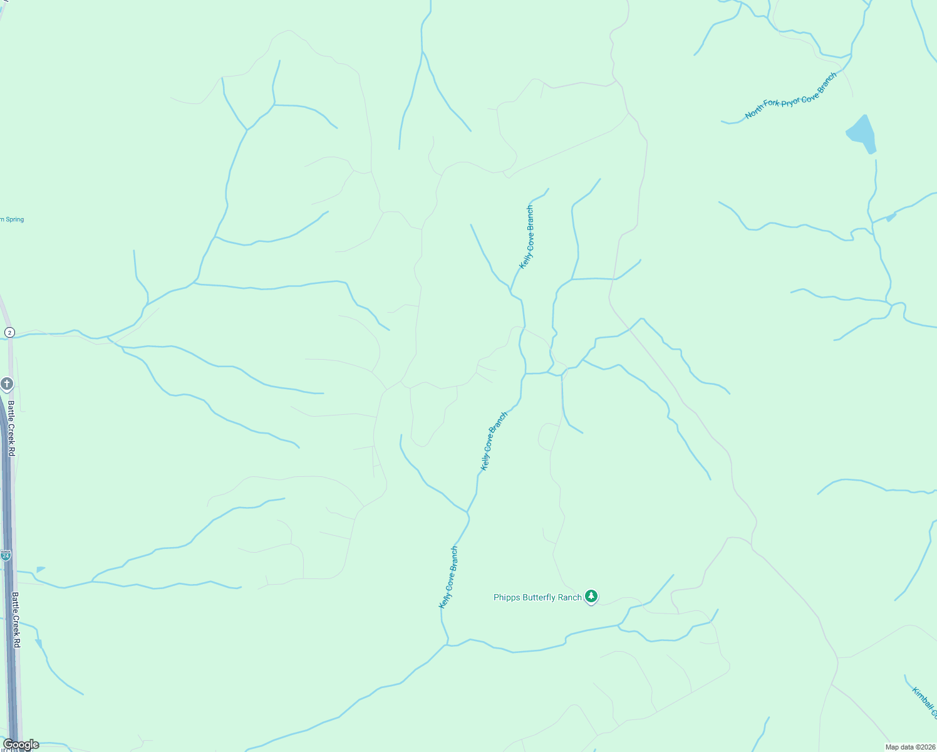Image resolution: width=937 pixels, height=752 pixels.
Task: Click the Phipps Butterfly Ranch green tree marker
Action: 591,596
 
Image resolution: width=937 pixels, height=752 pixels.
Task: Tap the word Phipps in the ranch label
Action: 507,598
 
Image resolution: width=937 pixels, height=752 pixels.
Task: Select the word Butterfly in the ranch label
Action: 539,598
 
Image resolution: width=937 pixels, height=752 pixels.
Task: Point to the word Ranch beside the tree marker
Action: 570,598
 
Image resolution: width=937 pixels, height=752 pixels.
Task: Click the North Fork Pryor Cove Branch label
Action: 790,97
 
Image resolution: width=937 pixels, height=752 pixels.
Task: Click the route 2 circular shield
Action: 9,332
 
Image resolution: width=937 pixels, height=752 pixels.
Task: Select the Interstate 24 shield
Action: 6,555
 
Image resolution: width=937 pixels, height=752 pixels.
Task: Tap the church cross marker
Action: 7,384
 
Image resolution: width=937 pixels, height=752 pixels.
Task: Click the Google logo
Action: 21,744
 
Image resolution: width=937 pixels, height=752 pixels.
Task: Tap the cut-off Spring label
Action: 11,219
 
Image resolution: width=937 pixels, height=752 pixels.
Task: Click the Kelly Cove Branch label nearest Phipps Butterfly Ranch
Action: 448,577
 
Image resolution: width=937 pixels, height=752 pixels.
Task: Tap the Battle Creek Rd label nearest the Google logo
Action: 16,620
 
